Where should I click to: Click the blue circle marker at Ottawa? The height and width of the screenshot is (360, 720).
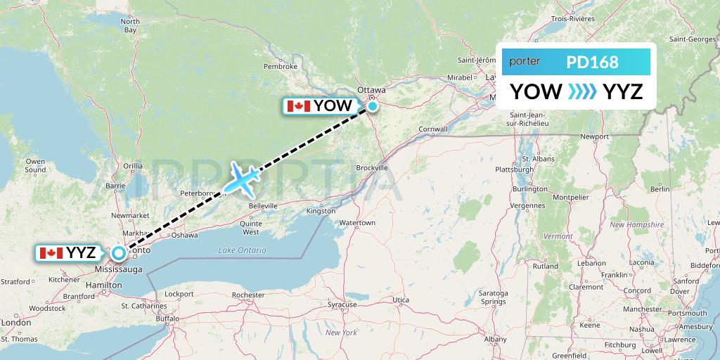(372, 107)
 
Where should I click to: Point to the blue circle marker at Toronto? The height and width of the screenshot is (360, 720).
(119, 252)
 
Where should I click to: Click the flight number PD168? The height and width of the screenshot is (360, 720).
(592, 63)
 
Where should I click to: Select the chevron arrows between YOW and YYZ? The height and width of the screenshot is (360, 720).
(582, 91)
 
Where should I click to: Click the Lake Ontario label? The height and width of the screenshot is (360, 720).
(242, 250)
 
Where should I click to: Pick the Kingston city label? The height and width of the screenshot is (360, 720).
(321, 211)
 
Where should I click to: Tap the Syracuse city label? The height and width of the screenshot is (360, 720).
(342, 304)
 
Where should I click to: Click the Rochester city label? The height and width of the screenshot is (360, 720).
(247, 295)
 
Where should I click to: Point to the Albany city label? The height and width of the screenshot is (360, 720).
(495, 339)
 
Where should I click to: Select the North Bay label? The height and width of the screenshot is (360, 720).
(130, 26)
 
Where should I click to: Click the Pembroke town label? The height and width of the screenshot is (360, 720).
(281, 67)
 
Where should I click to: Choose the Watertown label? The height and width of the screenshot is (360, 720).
(357, 223)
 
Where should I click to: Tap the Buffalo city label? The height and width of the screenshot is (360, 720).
(167, 319)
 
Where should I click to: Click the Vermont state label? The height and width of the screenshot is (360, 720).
(558, 236)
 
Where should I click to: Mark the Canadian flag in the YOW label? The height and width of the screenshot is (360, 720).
(298, 106)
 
